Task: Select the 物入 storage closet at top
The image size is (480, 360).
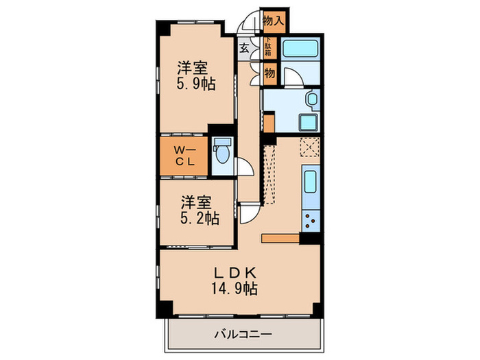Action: tap(274, 21)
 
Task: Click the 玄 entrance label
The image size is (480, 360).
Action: tap(245, 49)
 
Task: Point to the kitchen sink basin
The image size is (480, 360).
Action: tap(309, 183)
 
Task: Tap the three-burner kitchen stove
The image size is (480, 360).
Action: tap(309, 221)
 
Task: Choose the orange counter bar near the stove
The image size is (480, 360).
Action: tap(280, 238)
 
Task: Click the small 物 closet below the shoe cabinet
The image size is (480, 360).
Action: tap(269, 73)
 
